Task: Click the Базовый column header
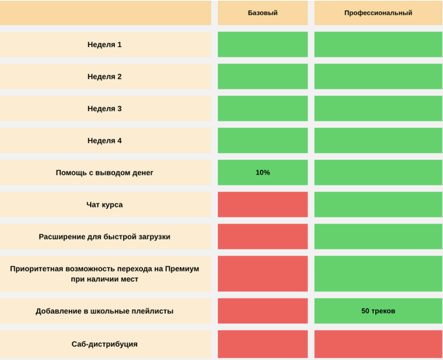263,12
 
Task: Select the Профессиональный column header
378,12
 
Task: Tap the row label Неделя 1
105,44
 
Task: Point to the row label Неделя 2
105,76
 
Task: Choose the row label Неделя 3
105,109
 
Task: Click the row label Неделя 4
105,141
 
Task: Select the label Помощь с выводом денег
105,172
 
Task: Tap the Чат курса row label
105,204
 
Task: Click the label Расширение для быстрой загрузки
105,237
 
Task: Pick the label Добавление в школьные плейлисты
105,311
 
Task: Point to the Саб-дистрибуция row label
105,344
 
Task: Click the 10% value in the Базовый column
263,172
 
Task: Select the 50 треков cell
378,311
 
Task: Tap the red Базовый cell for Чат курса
263,204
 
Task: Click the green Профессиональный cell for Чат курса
378,204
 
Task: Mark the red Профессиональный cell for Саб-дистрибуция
378,344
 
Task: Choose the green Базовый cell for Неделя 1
263,44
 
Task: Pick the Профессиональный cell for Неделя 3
378,109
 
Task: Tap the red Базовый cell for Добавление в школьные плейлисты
263,311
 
